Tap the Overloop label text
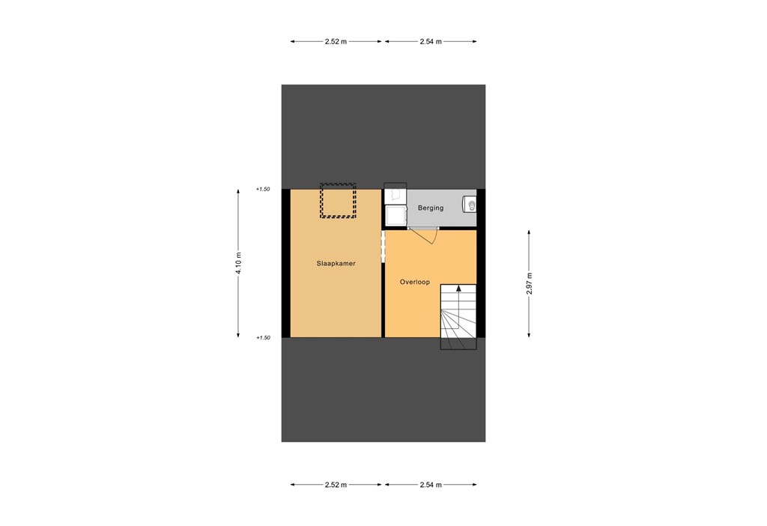414,282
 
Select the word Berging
431,208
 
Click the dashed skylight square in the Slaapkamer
338,201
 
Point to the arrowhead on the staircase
458,289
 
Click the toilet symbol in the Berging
470,204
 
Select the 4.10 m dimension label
239,262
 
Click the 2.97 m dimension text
529,283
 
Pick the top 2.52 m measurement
336,41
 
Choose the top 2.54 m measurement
431,41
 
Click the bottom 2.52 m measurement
336,485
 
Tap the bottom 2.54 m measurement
431,485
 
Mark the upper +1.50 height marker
262,190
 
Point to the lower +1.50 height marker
262,338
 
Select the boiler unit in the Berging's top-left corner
395,196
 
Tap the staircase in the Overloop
458,317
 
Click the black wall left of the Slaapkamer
285,263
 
